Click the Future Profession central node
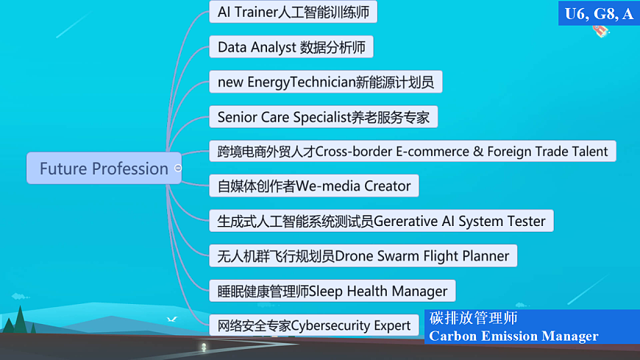coord(104,169)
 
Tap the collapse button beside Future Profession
coord(178,169)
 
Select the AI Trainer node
coord(294,13)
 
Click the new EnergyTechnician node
coord(325,82)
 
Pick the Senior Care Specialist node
coord(324,117)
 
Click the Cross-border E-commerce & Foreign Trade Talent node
coord(412,152)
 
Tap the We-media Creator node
coord(313,186)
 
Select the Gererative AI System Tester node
coord(381,221)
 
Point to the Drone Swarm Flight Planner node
coord(363,256)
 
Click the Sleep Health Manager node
coord(333,291)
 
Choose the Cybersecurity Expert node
coord(314,325)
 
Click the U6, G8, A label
coord(599,13)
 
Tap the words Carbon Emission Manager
coord(513,336)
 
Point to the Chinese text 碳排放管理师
coord(474,319)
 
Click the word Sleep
coord(326,291)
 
